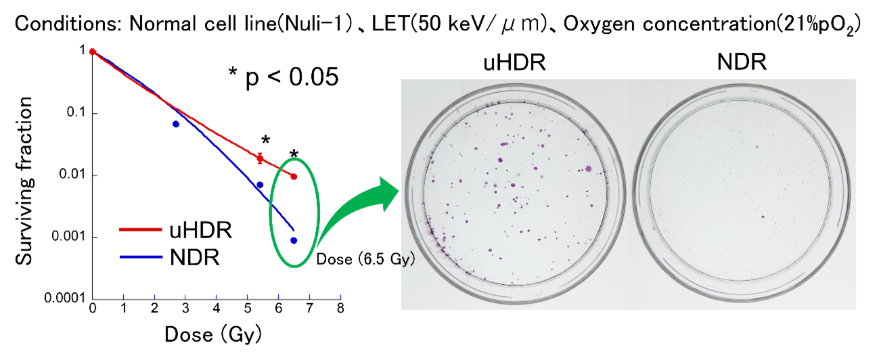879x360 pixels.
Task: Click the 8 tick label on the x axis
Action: (x=340, y=309)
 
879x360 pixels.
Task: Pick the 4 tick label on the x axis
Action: (x=217, y=309)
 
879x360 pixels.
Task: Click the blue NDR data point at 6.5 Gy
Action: (x=294, y=240)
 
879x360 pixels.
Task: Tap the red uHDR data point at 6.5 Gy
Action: (x=294, y=177)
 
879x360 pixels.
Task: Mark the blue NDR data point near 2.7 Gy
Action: (x=175, y=124)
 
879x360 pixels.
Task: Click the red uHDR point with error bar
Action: (x=260, y=158)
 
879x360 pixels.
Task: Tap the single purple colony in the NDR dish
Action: (x=763, y=217)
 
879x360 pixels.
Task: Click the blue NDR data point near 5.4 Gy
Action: (x=260, y=185)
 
